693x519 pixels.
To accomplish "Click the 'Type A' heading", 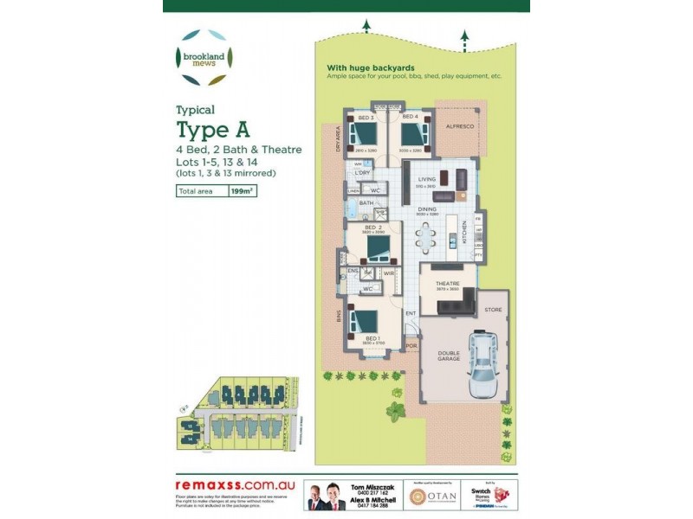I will pyautogui.click(x=213, y=131).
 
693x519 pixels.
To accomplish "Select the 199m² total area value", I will pyautogui.click(x=241, y=192).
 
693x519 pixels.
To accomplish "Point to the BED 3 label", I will pyautogui.click(x=366, y=117).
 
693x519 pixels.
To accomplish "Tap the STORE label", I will pyautogui.click(x=492, y=309).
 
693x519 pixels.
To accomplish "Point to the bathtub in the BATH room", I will pyautogui.click(x=355, y=209).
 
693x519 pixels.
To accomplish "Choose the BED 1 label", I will pyautogui.click(x=372, y=337).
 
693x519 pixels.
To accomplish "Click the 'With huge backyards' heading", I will pyautogui.click(x=370, y=67).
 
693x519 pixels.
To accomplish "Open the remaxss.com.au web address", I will pyautogui.click(x=230, y=486).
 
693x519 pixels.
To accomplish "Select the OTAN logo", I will pyautogui.click(x=428, y=496).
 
